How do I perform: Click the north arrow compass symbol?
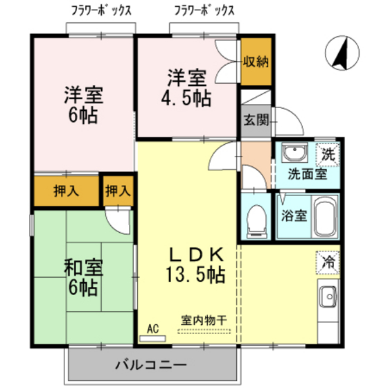coord(339,54)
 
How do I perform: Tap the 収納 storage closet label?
coord(255,62)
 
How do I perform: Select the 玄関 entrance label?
coord(255,119)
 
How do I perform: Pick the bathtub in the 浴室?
coord(324,218)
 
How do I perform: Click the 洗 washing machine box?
coord(329,154)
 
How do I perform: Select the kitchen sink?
coord(328,299)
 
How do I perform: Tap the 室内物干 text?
coord(204,321)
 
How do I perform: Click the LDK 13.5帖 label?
coord(195,263)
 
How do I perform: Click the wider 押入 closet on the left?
coord(66,192)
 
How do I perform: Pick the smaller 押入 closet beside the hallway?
coord(117,191)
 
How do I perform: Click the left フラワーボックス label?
coord(101,10)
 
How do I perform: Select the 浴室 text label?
coord(294,215)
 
